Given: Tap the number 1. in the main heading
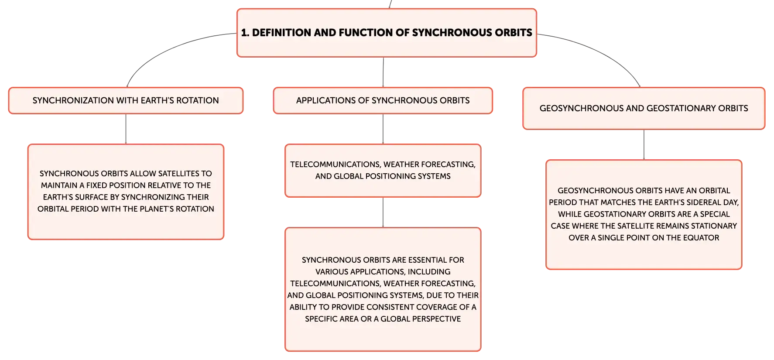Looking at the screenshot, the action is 245,33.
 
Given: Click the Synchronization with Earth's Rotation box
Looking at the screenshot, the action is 126,100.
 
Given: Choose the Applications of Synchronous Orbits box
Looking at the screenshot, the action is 383,100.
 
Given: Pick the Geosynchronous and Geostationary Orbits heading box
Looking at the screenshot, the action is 644,108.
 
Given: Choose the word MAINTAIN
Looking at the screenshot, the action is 59,185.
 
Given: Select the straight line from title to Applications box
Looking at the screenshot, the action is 383,72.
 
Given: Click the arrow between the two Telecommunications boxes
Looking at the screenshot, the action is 383,213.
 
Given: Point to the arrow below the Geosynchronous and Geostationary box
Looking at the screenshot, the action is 644,145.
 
